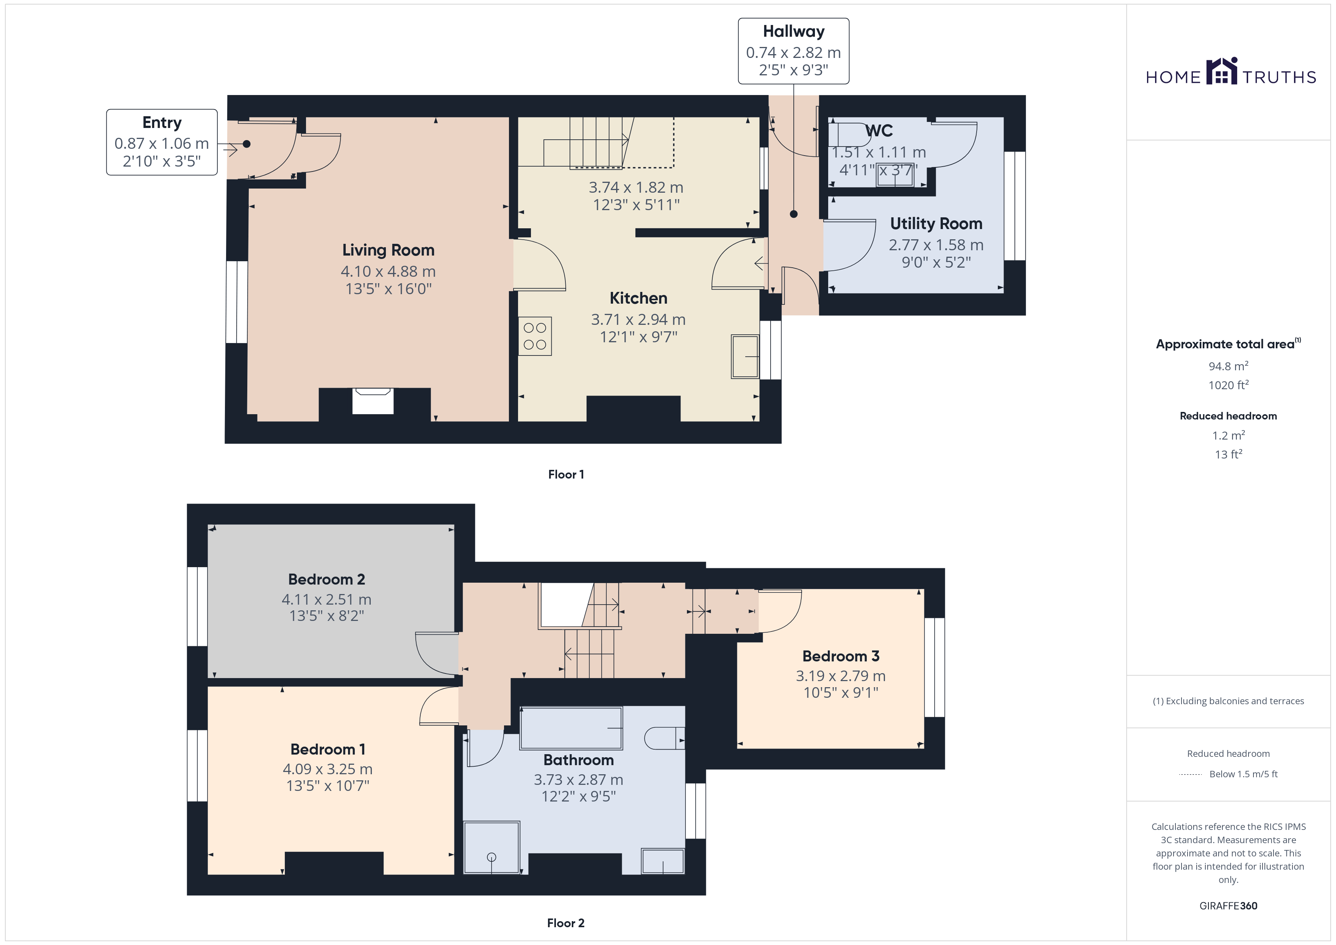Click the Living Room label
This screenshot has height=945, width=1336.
(388, 250)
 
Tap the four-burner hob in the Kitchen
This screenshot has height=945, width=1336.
(535, 336)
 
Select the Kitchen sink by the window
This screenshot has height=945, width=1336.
(745, 357)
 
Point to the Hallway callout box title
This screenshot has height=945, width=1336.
(794, 31)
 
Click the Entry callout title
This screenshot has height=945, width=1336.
(162, 123)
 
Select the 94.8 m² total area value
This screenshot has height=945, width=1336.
(1228, 366)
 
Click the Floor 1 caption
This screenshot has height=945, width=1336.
(566, 474)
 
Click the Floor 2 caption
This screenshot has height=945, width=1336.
(566, 923)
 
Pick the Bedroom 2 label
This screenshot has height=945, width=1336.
(326, 580)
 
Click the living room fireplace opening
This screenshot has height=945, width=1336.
(373, 401)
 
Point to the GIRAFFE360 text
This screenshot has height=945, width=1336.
(1228, 906)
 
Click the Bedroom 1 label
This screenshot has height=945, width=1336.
(328, 750)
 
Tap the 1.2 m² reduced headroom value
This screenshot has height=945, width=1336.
(1228, 435)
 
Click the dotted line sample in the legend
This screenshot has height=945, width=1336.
(1191, 775)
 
